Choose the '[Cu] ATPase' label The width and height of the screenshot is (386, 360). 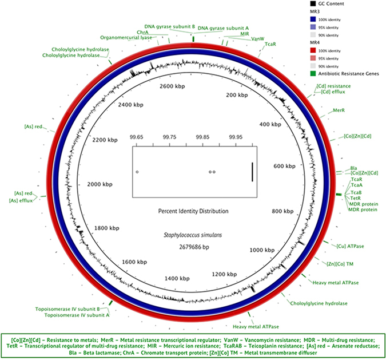[349, 246]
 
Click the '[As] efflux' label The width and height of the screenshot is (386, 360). [21, 200]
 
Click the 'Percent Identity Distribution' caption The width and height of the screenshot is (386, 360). [193, 211]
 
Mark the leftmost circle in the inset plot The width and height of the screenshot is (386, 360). [137, 172]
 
